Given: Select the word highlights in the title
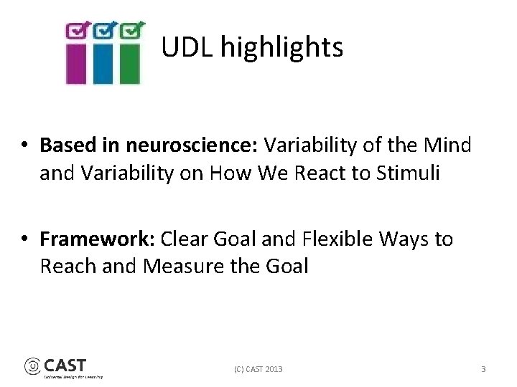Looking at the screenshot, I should [281, 48].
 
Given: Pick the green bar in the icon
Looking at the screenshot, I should [129, 64].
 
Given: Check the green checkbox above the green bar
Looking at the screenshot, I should [131, 30].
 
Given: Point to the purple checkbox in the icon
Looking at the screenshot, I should [78, 30].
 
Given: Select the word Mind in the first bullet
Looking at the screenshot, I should [447, 145].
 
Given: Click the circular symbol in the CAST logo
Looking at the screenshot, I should [33, 366].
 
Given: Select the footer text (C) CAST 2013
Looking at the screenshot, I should [258, 369].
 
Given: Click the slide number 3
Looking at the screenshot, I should [483, 369].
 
